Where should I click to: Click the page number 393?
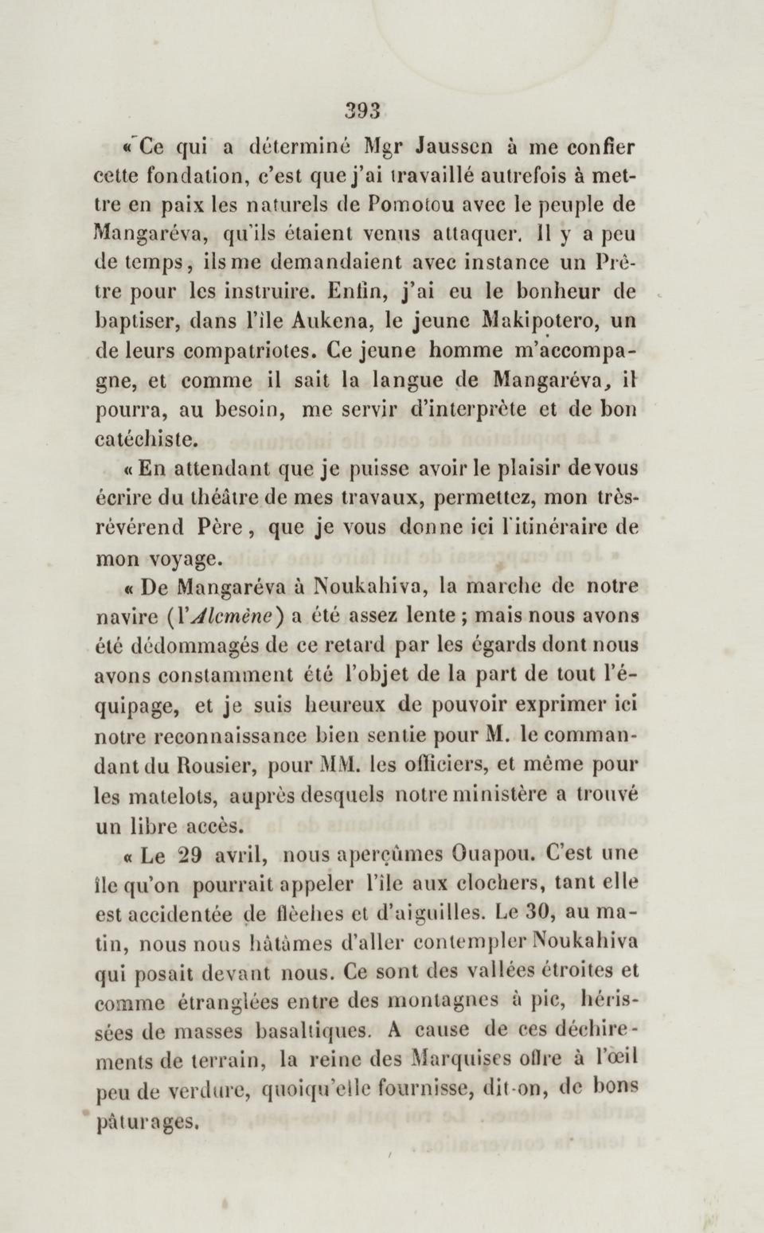tap(362, 111)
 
